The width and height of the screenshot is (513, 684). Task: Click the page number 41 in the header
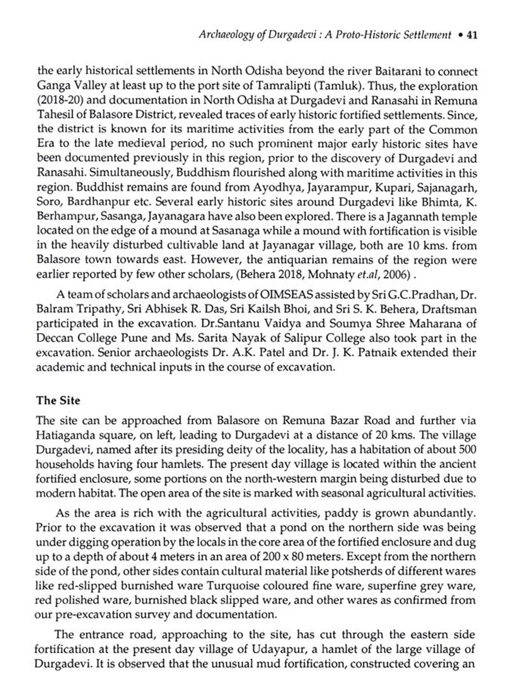[472, 35]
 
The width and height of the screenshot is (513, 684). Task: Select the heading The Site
[58, 400]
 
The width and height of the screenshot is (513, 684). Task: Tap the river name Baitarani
[398, 71]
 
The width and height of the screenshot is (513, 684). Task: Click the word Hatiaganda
[64, 435]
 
